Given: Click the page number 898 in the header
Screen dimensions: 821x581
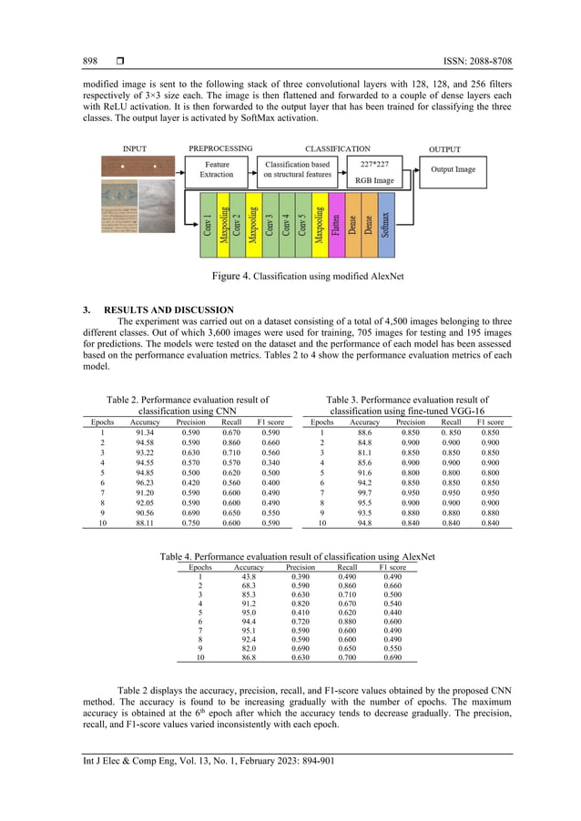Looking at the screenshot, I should pos(90,61).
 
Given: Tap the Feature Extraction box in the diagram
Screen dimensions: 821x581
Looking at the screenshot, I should pos(216,168).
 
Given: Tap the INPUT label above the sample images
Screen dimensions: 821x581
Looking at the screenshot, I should pos(135,148).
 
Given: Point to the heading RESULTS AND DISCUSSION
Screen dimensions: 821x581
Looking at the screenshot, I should pos(170,309).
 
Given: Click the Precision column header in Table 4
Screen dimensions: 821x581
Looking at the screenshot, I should pos(301,566).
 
